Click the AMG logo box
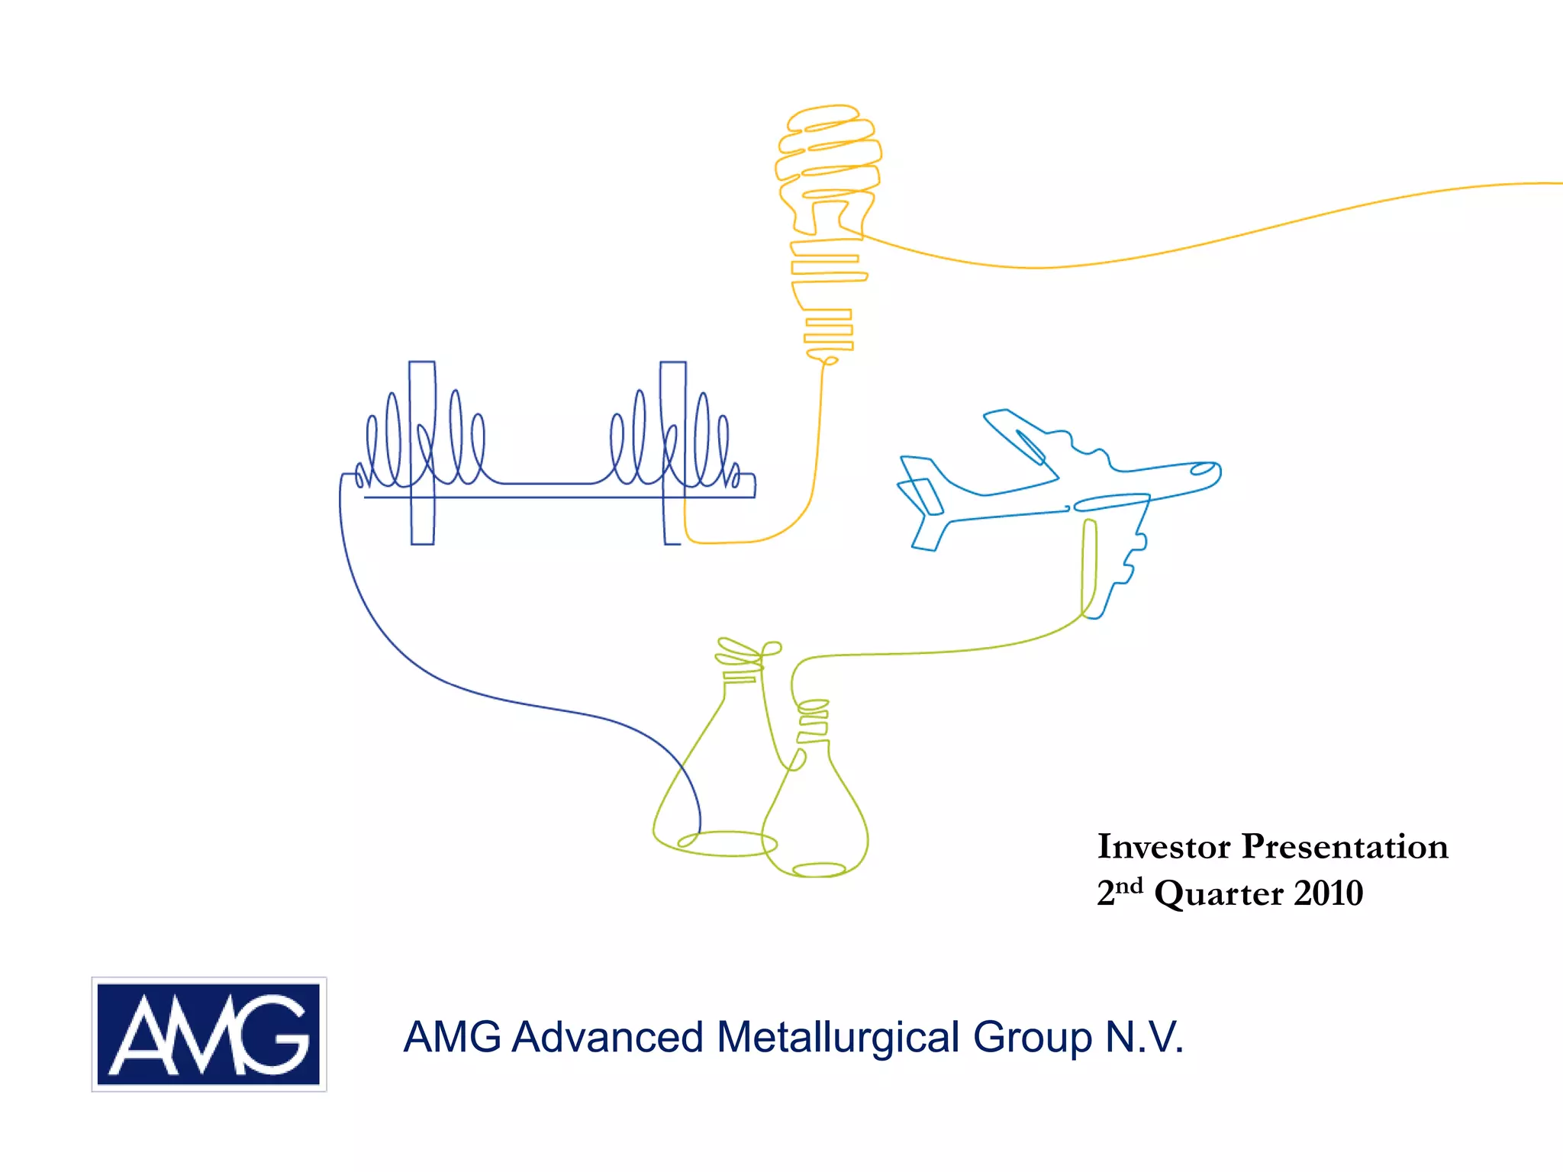tap(209, 1034)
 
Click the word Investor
tap(1164, 846)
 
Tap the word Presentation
tap(1345, 846)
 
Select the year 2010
tap(1329, 893)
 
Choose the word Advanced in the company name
tap(607, 1038)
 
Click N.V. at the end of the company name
tap(1145, 1038)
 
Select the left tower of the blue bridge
tap(422, 452)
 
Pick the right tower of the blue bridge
tap(672, 452)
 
